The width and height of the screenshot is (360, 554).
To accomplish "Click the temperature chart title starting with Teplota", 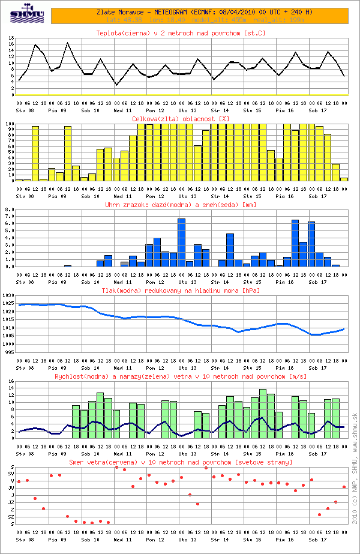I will (x=181, y=32).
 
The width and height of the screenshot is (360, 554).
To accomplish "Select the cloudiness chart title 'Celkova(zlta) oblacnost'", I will (x=181, y=119).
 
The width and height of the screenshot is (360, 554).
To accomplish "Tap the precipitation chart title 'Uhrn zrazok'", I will (x=181, y=205).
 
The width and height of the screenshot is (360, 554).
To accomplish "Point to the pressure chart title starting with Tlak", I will (x=181, y=291).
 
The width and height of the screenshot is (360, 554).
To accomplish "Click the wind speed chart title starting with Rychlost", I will (x=181, y=376).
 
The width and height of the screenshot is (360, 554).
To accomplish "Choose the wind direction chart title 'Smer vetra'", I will (x=181, y=462).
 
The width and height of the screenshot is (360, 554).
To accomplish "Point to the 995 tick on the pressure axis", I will (x=9, y=352).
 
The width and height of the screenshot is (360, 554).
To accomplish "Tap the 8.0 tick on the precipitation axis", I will (x=9, y=210).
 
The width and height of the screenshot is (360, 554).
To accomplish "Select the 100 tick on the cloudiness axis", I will (x=9, y=124).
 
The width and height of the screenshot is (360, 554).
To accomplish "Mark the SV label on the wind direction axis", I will (x=11, y=474).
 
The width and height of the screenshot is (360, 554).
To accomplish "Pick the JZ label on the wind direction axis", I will (x=11, y=502).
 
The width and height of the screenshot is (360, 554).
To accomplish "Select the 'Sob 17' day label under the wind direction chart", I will (x=318, y=540).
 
